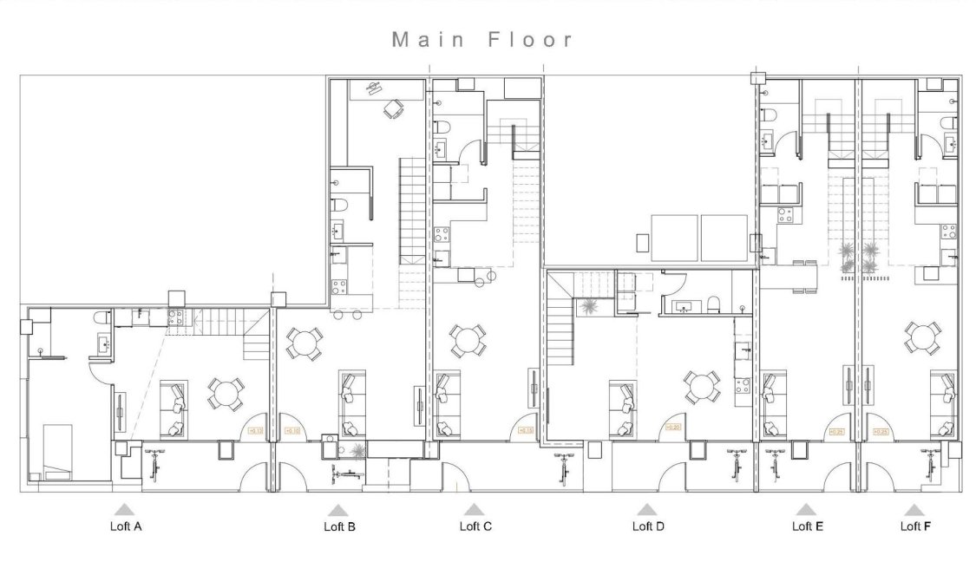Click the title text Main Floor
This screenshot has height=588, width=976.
[482, 39]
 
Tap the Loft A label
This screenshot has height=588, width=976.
[124, 526]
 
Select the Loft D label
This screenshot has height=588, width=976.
[648, 526]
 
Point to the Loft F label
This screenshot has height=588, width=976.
[914, 526]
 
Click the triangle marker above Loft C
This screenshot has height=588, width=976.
[473, 509]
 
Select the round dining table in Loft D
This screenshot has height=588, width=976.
[701, 388]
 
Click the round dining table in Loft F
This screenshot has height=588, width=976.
[923, 337]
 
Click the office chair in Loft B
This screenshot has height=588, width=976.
[395, 109]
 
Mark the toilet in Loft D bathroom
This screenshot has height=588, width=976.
[713, 304]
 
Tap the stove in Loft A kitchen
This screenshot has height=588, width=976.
[175, 317]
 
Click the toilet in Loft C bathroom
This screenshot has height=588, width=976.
[442, 127]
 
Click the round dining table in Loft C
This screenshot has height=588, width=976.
[468, 341]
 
